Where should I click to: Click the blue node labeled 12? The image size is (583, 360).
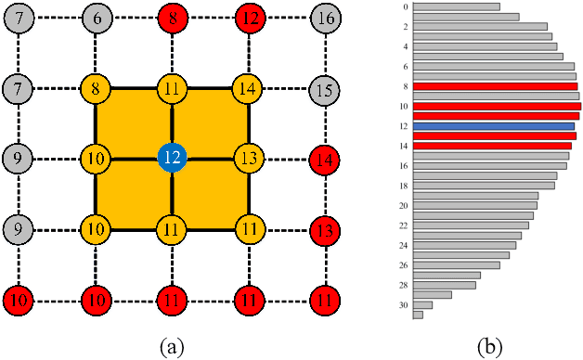coord(171,158)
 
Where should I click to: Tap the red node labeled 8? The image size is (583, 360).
coord(171,18)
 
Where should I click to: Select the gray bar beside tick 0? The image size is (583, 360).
coord(456,6)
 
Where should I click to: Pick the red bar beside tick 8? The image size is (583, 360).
coord(495,86)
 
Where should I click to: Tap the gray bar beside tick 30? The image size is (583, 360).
coord(422,304)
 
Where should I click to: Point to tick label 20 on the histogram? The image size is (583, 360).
coord(403,205)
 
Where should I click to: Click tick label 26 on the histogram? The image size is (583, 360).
coord(403,265)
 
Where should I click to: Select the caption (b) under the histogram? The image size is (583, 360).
coord(489,346)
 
